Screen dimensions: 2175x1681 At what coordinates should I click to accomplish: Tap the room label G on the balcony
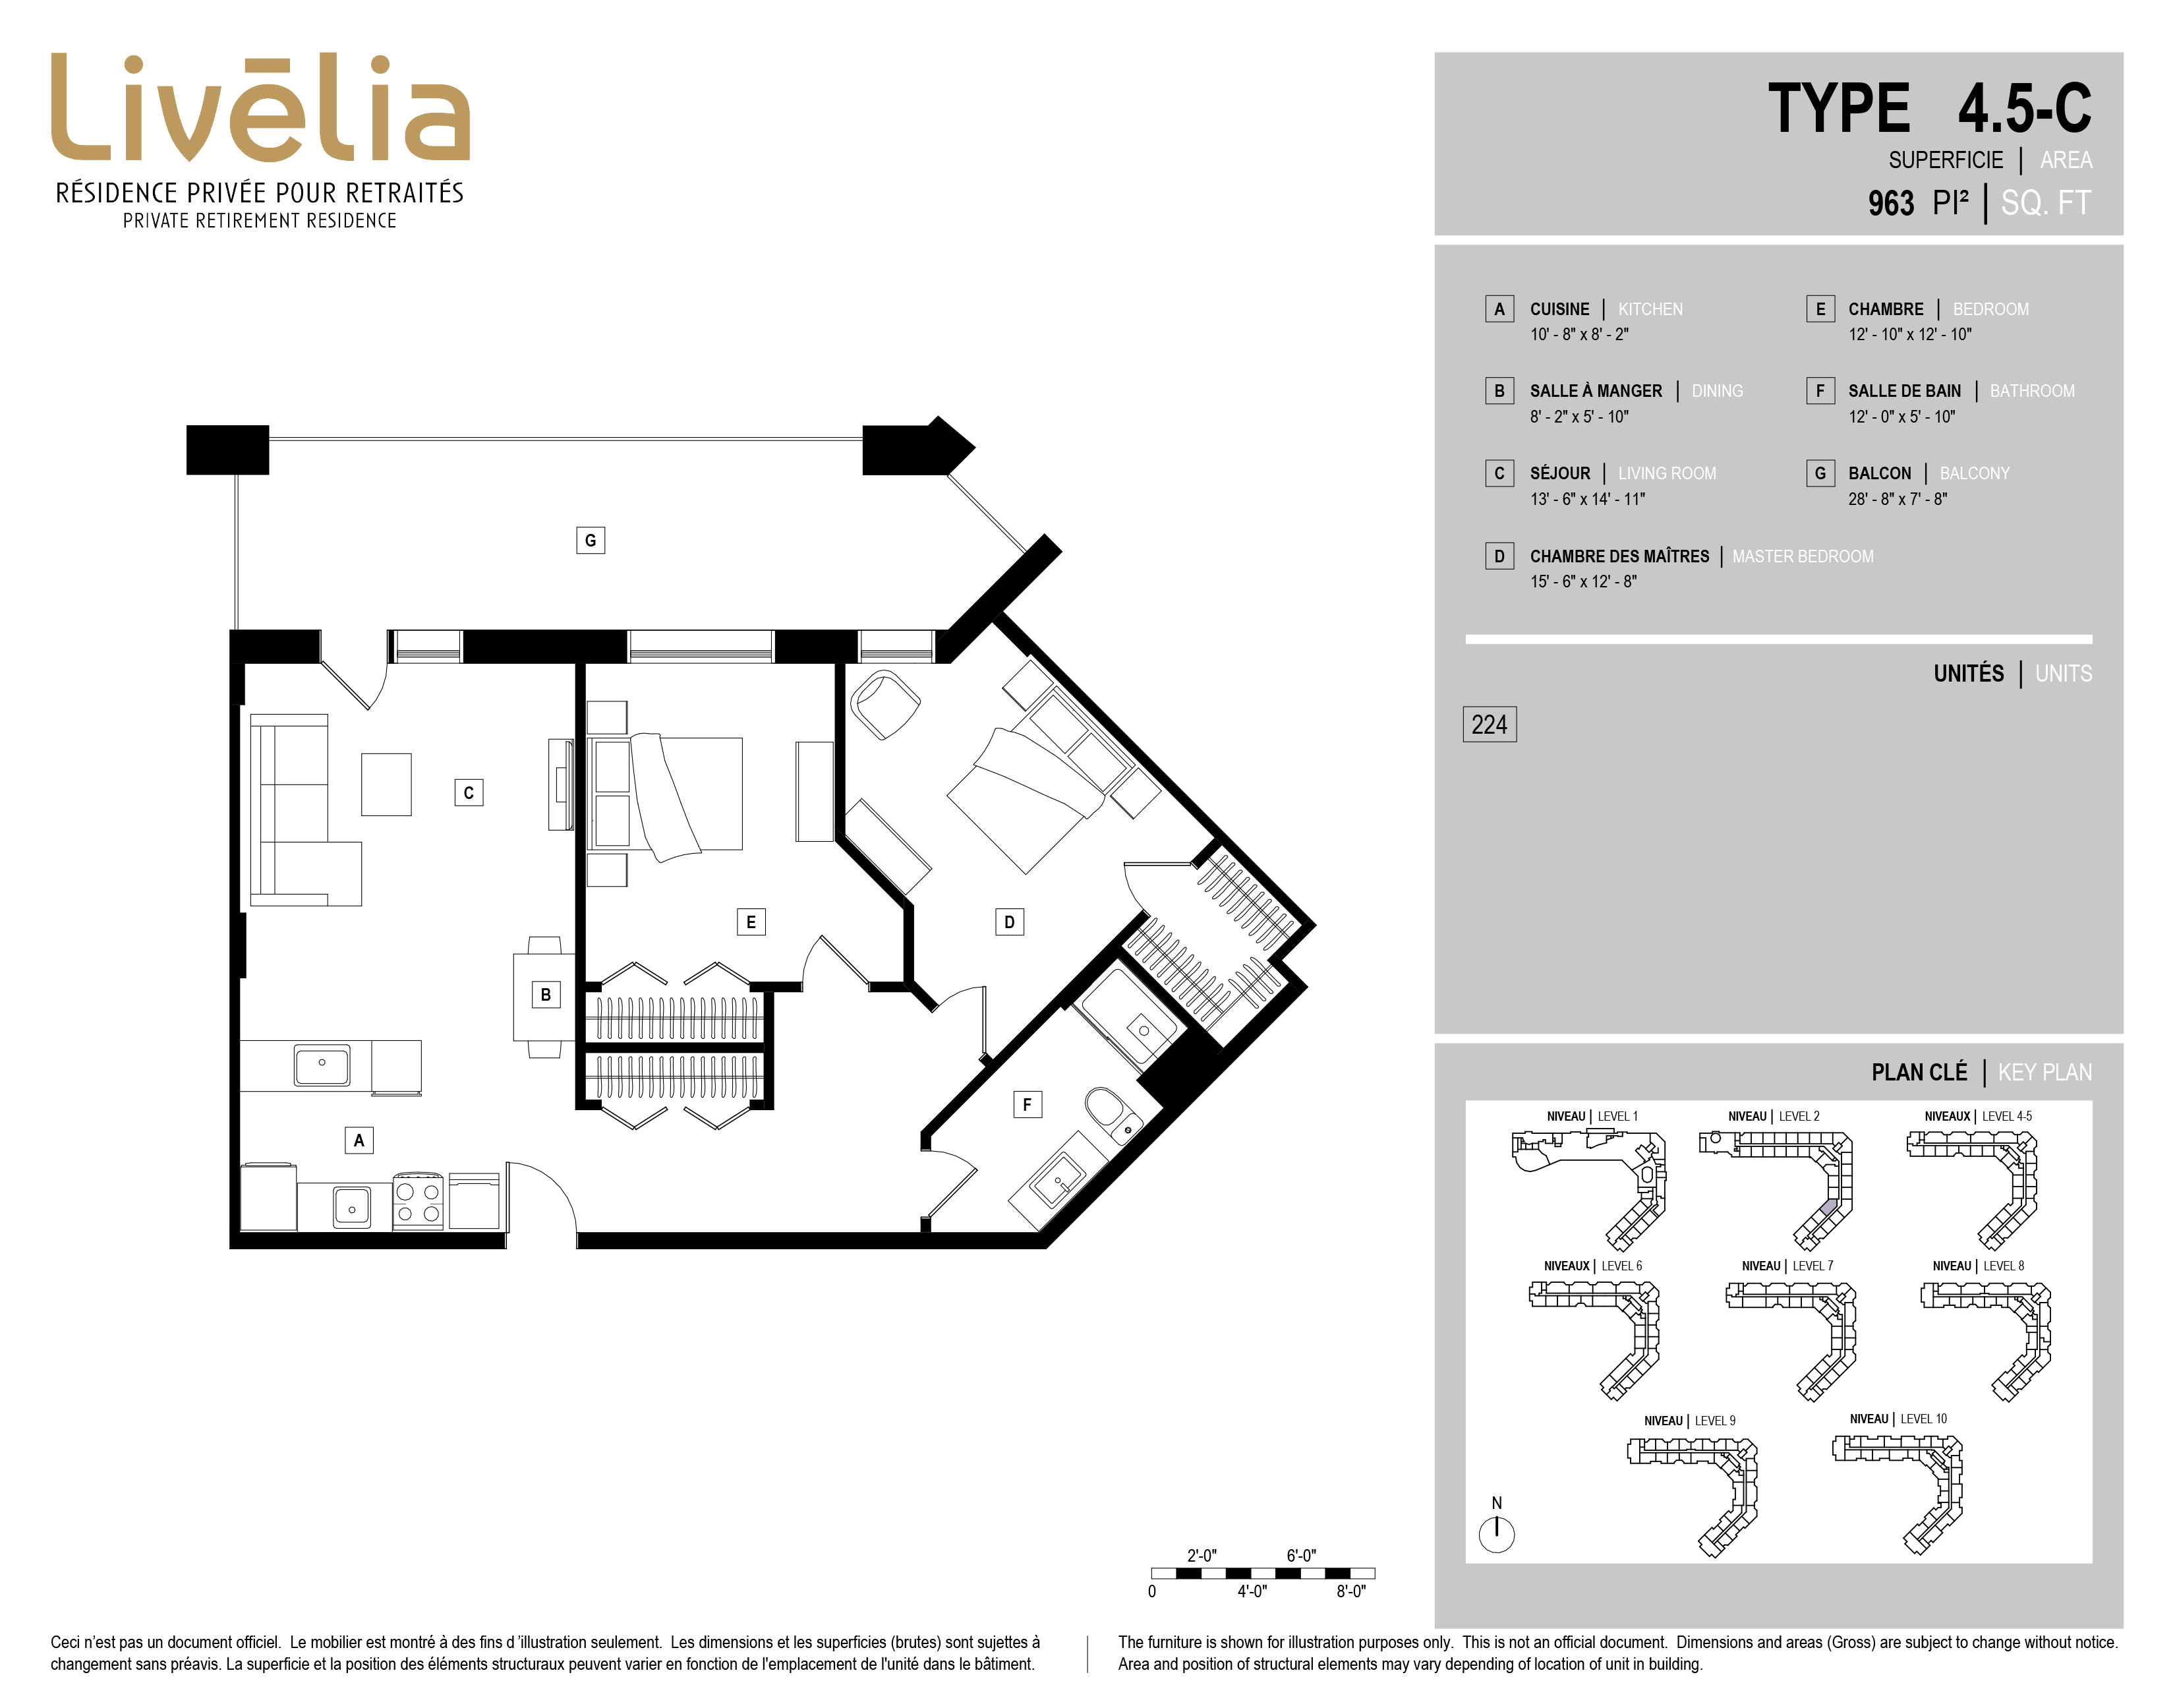tap(591, 540)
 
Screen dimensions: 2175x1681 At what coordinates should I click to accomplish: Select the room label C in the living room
tap(469, 792)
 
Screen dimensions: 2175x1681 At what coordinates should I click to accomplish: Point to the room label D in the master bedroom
tap(1009, 922)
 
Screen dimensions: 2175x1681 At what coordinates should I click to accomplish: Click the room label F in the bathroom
tap(1027, 1104)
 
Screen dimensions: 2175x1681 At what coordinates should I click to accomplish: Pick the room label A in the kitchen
tap(359, 1140)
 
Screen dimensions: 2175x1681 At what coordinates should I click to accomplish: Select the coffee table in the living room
tap(386, 784)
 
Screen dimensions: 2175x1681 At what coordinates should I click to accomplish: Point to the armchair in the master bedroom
tap(884, 703)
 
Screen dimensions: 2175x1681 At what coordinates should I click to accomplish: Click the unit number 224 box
tap(1489, 724)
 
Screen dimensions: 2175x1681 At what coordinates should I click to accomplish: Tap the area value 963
tap(1890, 203)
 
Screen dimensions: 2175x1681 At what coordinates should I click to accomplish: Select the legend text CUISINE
tap(1559, 309)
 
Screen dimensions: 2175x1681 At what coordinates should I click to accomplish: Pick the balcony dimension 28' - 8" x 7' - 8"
tap(1897, 499)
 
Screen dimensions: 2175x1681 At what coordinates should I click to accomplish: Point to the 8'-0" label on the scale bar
tap(1350, 1591)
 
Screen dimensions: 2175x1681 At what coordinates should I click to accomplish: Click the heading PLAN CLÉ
tap(1919, 1073)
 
